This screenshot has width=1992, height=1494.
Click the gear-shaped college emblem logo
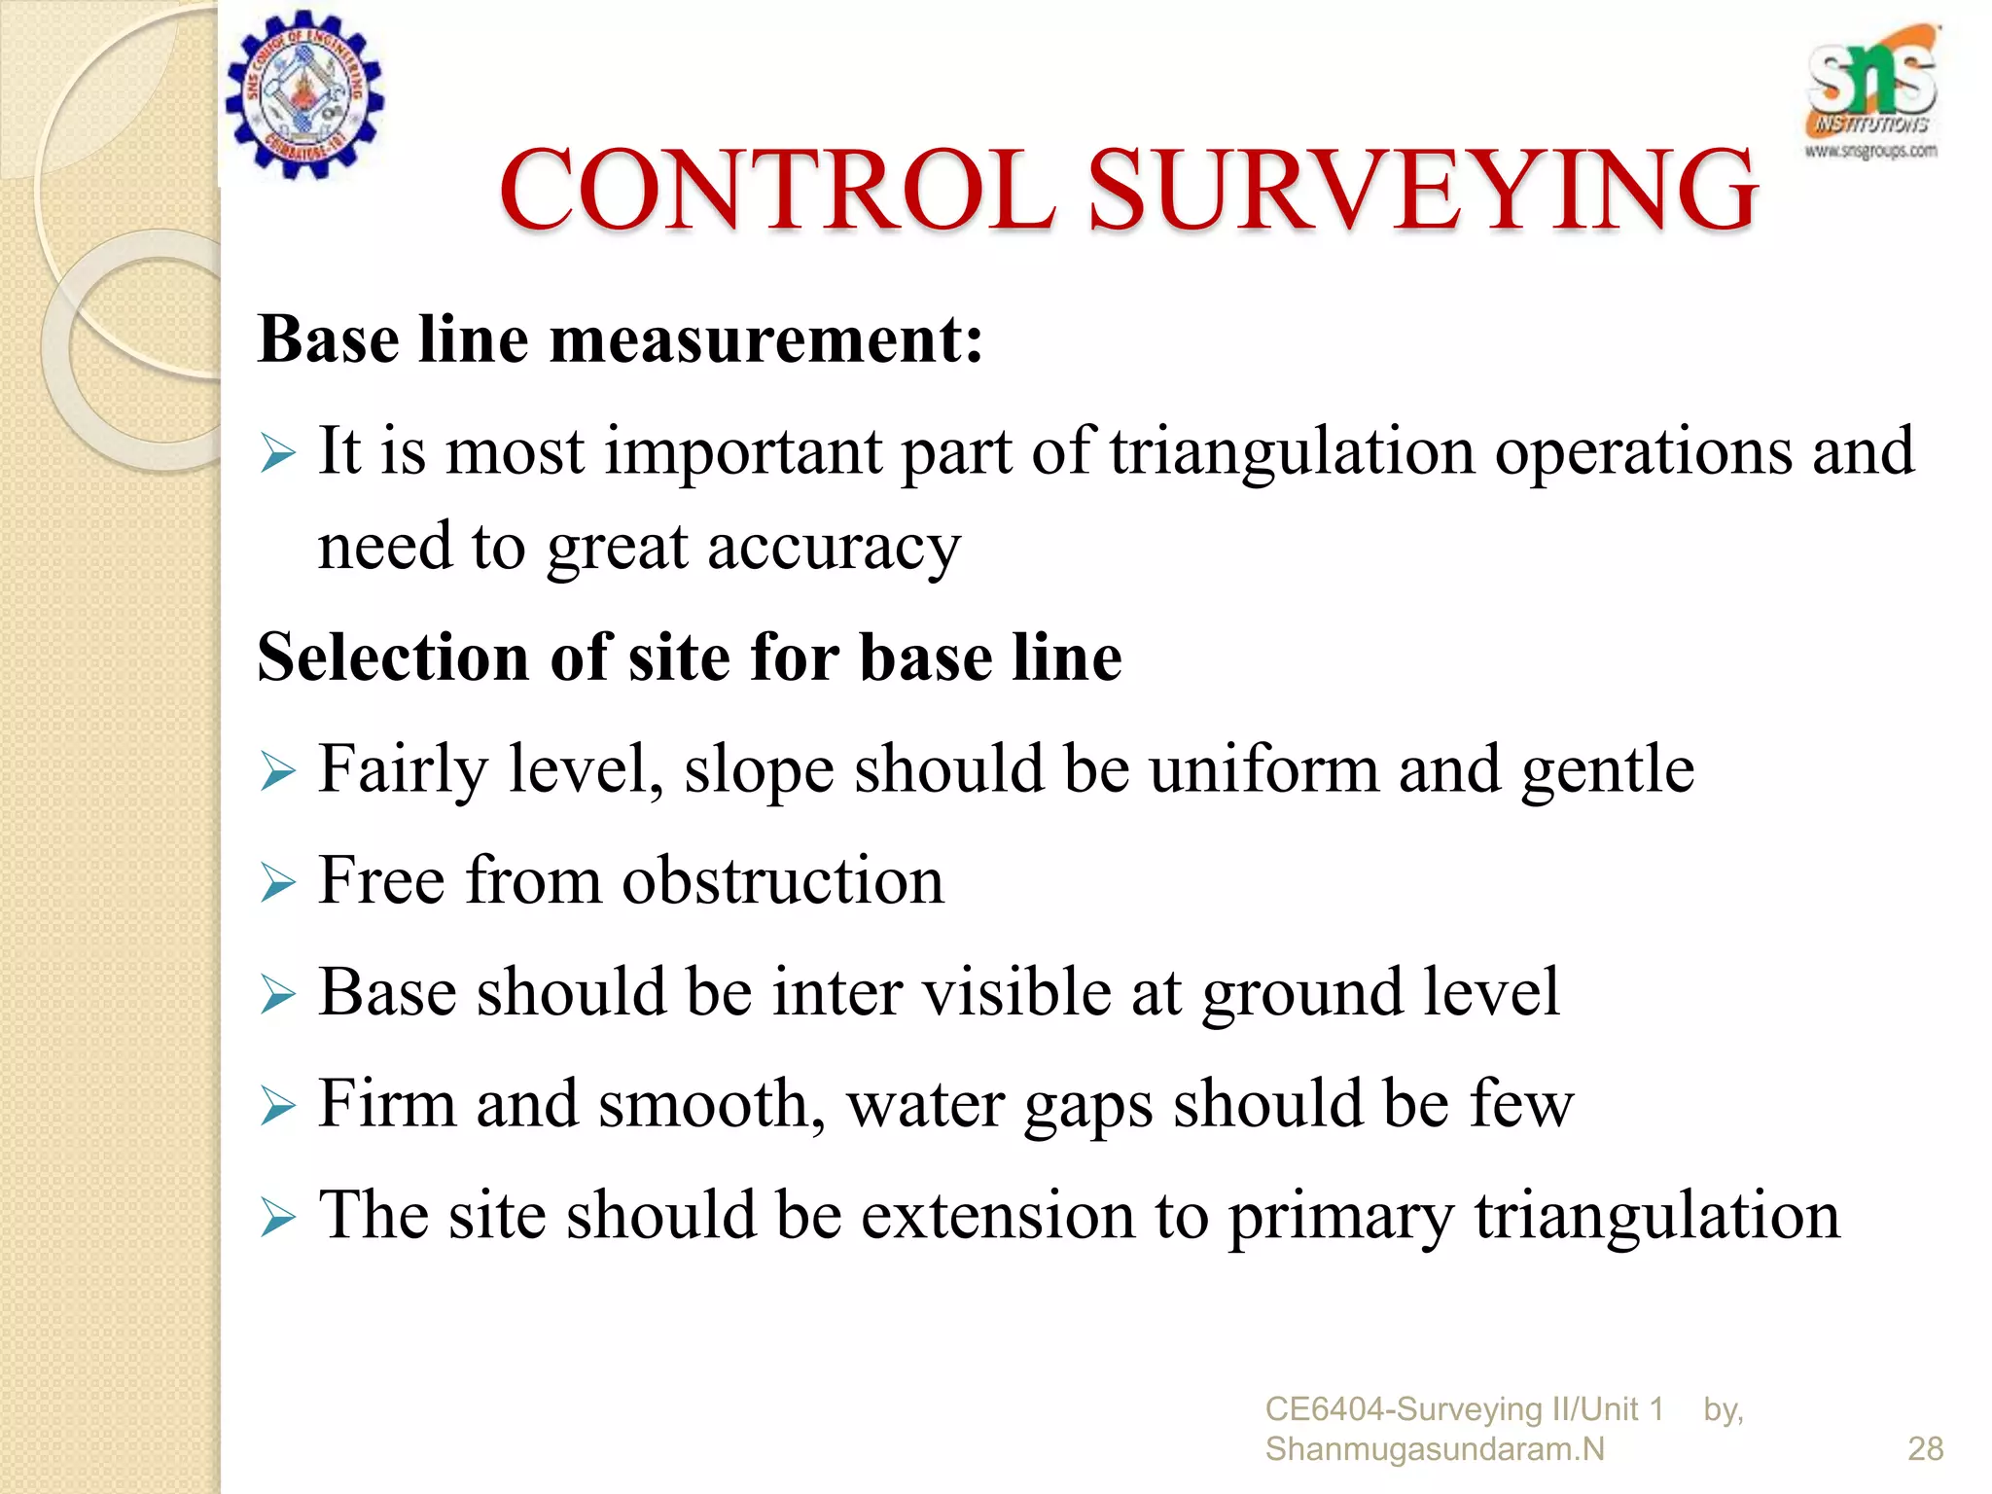(x=304, y=95)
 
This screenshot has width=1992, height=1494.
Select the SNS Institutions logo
(x=1871, y=92)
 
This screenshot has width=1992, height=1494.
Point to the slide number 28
(x=1925, y=1448)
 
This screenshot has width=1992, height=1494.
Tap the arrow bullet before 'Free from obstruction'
(x=277, y=883)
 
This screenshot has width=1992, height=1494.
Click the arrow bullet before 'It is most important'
(x=277, y=454)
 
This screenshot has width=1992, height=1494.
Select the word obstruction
(x=783, y=880)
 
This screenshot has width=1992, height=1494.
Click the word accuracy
(x=834, y=548)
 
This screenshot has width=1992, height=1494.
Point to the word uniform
(x=1264, y=769)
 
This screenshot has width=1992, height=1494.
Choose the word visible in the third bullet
(x=1016, y=992)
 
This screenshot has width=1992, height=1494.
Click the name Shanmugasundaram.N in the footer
(x=1435, y=1449)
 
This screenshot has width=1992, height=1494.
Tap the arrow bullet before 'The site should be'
(x=277, y=1218)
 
